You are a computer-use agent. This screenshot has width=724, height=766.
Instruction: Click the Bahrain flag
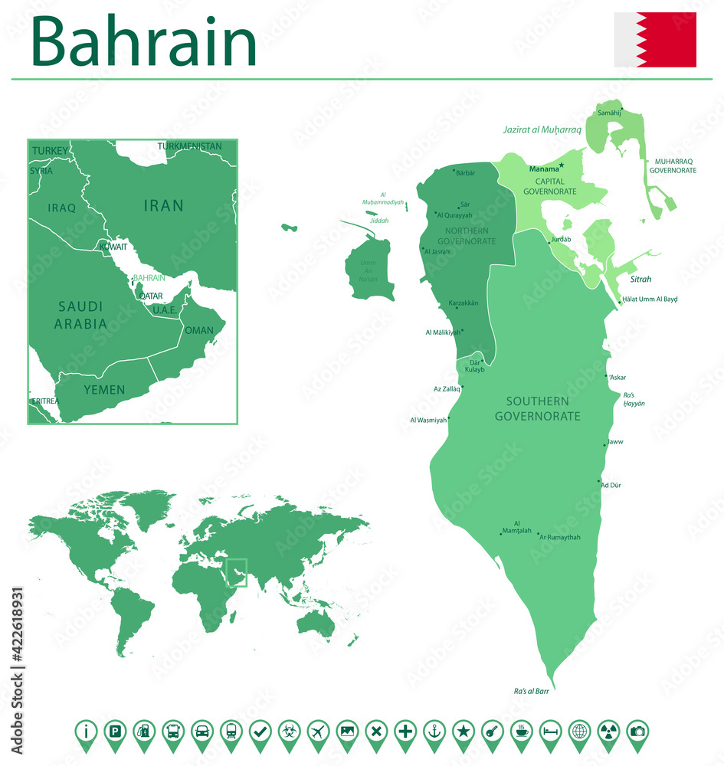click(x=655, y=40)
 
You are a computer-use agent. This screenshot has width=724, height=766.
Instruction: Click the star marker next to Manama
click(x=562, y=165)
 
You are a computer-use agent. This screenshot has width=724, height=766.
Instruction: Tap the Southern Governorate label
click(x=537, y=409)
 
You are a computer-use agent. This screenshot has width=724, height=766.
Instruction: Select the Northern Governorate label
click(x=466, y=235)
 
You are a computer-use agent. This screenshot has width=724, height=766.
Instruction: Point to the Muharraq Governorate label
click(x=673, y=165)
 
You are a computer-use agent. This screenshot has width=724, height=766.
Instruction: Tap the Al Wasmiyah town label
click(x=428, y=420)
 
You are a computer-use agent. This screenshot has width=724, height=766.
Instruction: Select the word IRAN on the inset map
click(x=163, y=205)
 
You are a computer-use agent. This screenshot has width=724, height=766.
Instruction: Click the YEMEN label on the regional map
click(x=104, y=390)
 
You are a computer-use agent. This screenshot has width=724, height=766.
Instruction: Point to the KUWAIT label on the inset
click(x=113, y=247)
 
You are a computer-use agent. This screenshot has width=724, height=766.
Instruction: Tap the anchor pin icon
click(x=434, y=732)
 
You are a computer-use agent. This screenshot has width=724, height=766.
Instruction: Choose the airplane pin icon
click(x=318, y=732)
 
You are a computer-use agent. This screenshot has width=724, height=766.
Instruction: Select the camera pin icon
click(x=637, y=732)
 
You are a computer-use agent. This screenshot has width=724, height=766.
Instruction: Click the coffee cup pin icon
click(x=521, y=732)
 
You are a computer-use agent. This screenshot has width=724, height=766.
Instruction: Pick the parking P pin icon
click(x=114, y=732)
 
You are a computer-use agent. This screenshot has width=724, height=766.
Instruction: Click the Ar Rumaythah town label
click(x=561, y=537)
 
